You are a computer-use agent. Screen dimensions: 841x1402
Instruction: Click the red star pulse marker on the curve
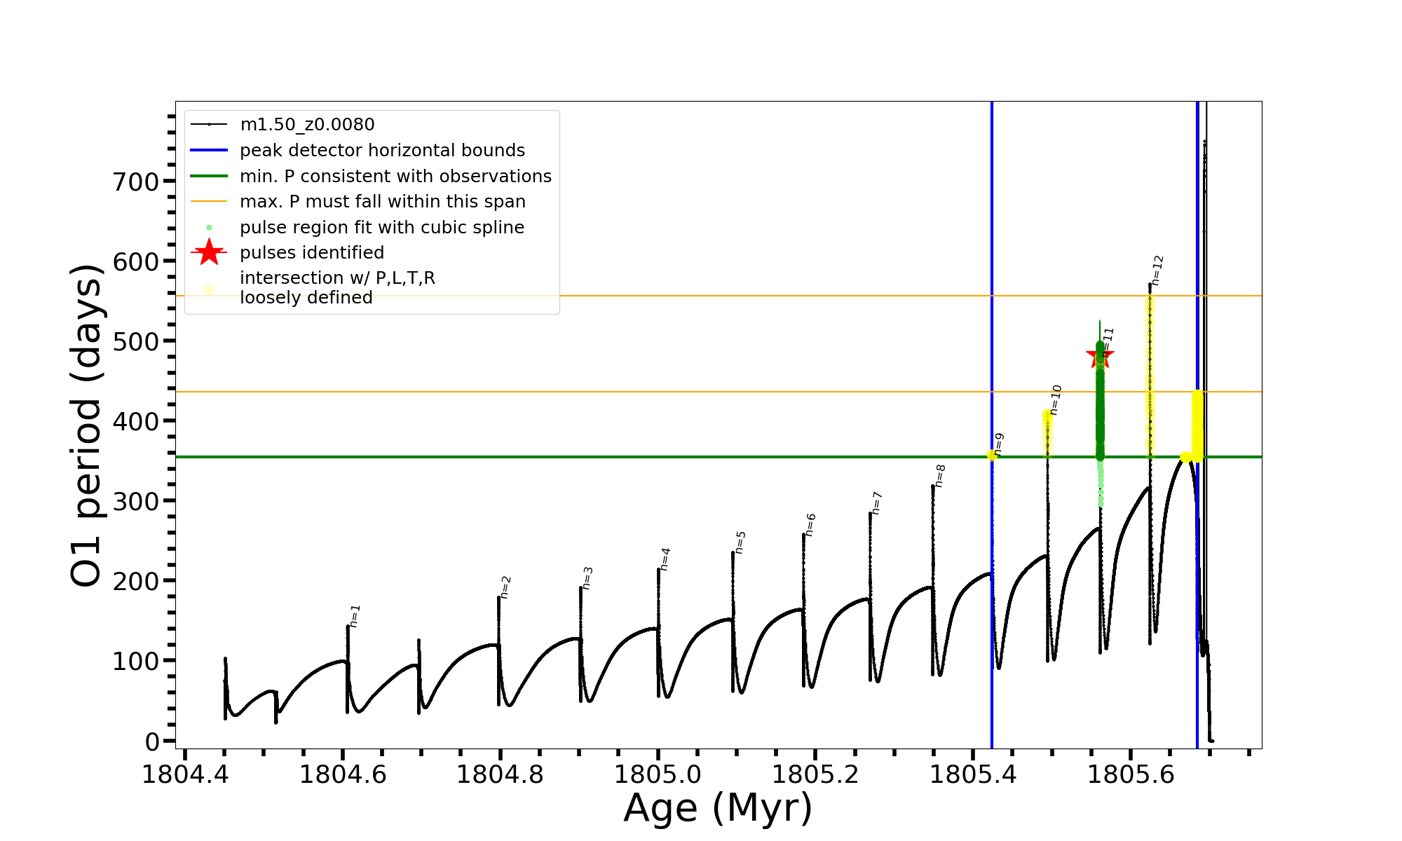click(1100, 355)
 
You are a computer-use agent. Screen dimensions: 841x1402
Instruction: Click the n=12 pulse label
click(1157, 271)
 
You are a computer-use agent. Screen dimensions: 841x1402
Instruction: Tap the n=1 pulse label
click(355, 616)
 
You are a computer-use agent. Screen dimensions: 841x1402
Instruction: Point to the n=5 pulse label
click(740, 542)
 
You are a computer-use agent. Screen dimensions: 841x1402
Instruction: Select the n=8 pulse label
click(940, 476)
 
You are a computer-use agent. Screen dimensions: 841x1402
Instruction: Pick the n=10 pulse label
click(1056, 400)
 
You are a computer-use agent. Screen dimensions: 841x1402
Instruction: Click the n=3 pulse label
click(587, 578)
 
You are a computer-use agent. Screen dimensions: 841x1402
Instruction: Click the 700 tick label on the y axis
click(135, 182)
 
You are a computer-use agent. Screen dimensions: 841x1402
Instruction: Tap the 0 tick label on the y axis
click(152, 741)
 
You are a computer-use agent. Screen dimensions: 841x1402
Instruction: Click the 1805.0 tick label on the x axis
click(658, 775)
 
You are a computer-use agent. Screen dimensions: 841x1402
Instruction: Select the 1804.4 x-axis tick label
click(185, 775)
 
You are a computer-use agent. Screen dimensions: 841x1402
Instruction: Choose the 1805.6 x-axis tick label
click(1130, 775)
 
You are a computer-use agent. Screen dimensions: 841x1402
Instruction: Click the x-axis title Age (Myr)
click(718, 808)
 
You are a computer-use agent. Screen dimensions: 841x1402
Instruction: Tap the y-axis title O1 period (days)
click(87, 425)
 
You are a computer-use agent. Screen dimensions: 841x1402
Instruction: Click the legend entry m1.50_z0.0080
click(307, 125)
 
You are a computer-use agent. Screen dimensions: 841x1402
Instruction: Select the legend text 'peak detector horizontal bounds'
click(382, 151)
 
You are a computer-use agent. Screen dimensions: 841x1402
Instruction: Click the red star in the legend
click(209, 252)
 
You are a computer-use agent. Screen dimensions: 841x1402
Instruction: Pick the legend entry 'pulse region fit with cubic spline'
click(381, 228)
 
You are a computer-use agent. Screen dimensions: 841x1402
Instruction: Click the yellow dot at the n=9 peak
click(992, 456)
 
